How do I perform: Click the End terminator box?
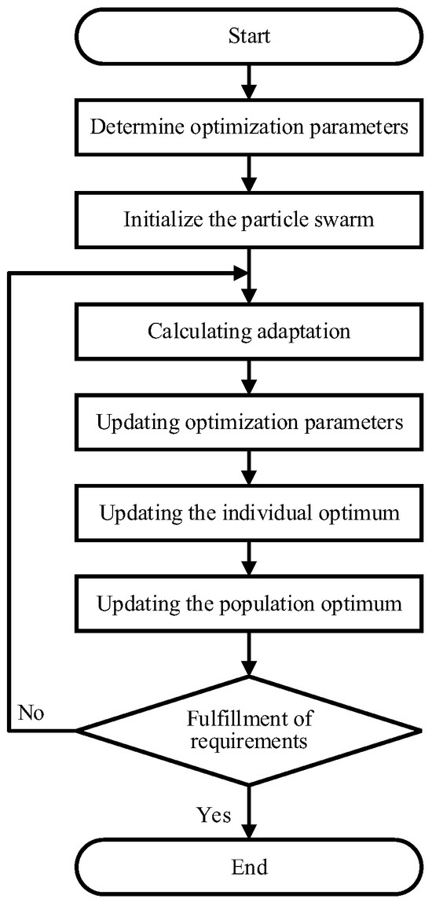coord(248,867)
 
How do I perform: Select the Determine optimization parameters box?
coord(248,127)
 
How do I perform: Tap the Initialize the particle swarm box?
coord(248,219)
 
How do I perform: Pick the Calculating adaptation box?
coord(248,330)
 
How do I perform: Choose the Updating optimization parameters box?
coord(248,422)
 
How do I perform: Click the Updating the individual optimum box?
coord(248,514)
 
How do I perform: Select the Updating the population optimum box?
coord(248,605)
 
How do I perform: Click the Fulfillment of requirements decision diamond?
coord(248,730)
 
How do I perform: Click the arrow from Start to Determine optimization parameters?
coord(248,81)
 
